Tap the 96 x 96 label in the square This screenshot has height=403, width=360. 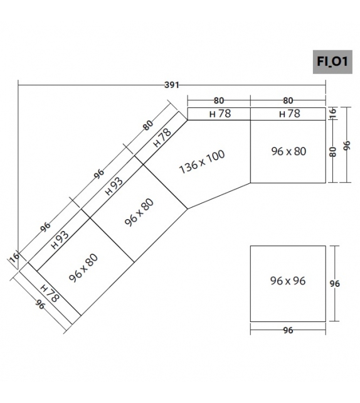[x=288, y=281]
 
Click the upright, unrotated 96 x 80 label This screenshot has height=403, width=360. [x=289, y=151]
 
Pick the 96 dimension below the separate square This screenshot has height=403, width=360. [x=288, y=330]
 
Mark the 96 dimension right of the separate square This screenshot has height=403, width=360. [x=336, y=283]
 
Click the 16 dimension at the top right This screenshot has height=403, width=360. [x=334, y=113]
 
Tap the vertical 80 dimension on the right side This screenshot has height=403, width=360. [x=334, y=151]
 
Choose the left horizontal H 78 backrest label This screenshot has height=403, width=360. [x=220, y=114]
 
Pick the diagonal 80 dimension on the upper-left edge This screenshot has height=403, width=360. [x=148, y=125]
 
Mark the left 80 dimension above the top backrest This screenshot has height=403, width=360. [x=219, y=99]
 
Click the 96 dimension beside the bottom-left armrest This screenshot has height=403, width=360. [x=40, y=305]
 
